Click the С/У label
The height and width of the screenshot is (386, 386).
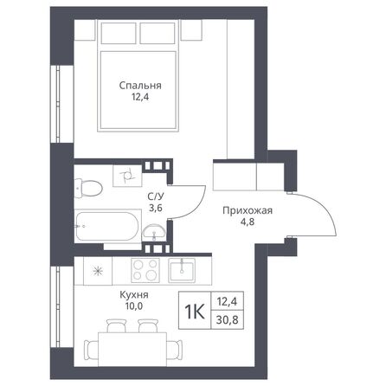[157, 196]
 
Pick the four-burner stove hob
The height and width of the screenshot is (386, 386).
[146, 269]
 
